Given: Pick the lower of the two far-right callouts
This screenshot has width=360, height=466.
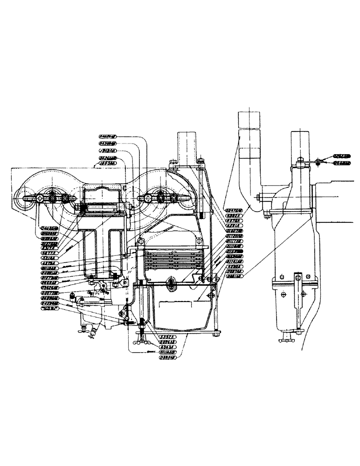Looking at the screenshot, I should point(343,163).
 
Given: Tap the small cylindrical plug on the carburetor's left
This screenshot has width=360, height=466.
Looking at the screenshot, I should point(73,296).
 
